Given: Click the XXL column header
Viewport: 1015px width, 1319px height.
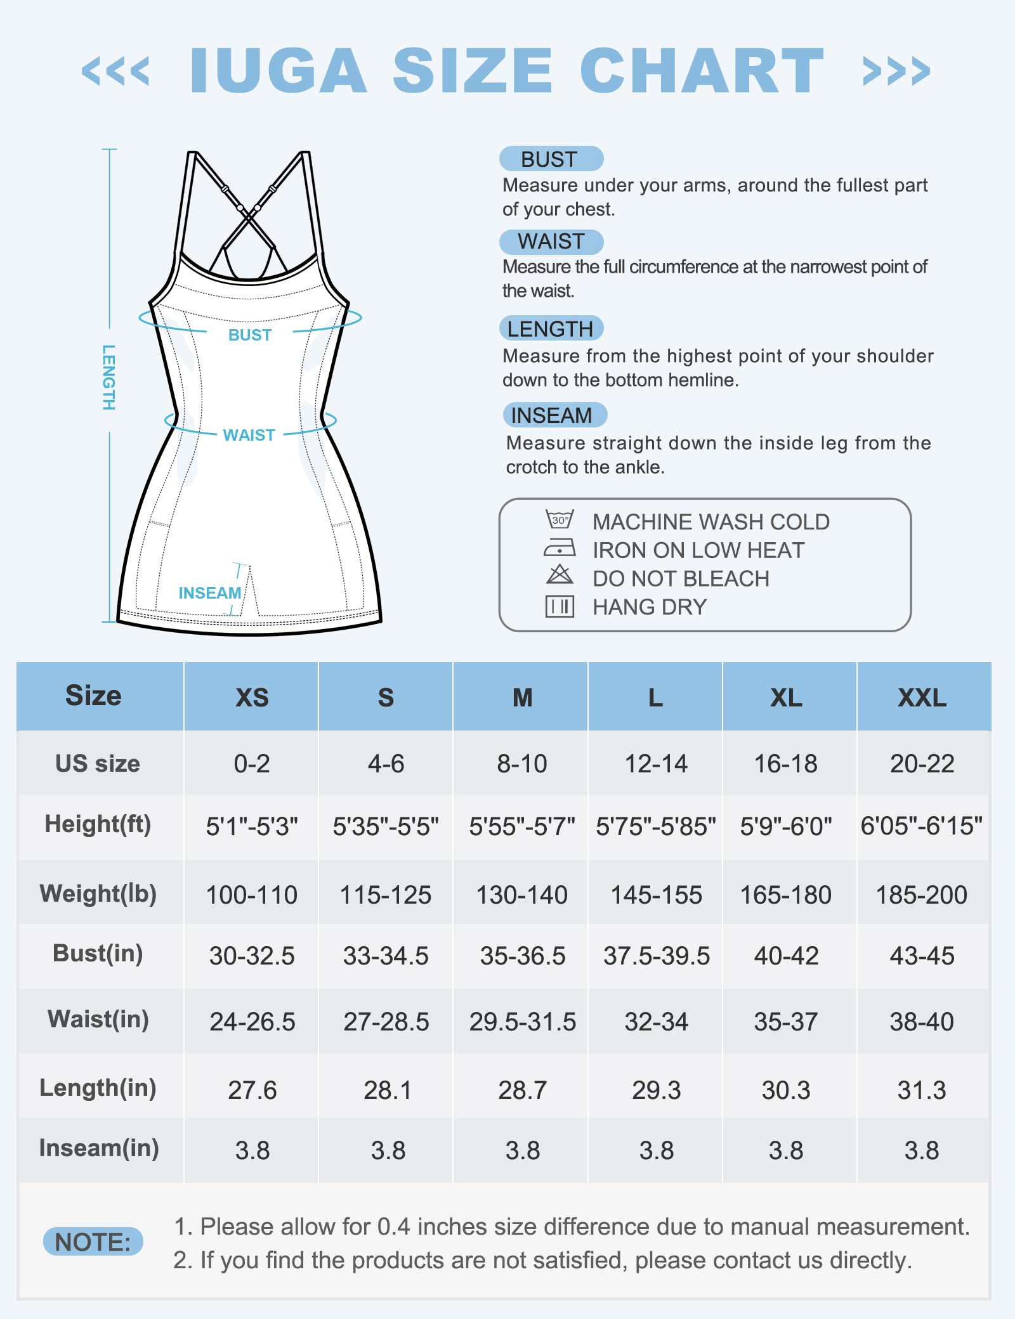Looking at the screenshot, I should [922, 698].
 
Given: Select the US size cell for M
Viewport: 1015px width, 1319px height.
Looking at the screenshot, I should [521, 763].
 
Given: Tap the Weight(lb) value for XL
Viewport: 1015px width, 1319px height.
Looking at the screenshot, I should [785, 895].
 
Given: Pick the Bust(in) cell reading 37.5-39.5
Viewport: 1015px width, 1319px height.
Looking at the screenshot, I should [656, 956].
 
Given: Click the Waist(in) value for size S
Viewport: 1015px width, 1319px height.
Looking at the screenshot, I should [386, 1022].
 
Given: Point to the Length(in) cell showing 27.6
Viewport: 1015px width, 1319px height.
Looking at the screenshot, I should [252, 1090].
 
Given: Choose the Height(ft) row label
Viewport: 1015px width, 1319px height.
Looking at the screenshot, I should [98, 824].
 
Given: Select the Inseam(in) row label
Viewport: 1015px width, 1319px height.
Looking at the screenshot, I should [99, 1148].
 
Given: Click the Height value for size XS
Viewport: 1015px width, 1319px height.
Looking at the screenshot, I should [252, 826].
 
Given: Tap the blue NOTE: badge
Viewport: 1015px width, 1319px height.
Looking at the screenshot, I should [93, 1242].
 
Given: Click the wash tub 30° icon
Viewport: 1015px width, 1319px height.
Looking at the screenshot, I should [560, 519].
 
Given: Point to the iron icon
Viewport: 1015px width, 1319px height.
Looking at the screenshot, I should [560, 548].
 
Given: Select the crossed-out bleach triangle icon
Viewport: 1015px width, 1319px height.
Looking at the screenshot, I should [560, 575].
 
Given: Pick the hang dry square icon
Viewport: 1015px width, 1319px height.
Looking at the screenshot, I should [560, 606].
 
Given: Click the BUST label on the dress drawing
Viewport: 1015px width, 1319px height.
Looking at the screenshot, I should [249, 335].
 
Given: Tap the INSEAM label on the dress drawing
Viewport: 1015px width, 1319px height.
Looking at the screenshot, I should [209, 593].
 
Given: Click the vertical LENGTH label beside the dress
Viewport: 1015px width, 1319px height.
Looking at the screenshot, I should [108, 377].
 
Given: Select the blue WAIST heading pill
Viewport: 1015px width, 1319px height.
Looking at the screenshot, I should [551, 242].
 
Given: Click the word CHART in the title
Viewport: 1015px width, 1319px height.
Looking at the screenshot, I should [702, 70].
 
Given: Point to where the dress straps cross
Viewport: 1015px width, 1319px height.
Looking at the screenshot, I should [249, 218].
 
